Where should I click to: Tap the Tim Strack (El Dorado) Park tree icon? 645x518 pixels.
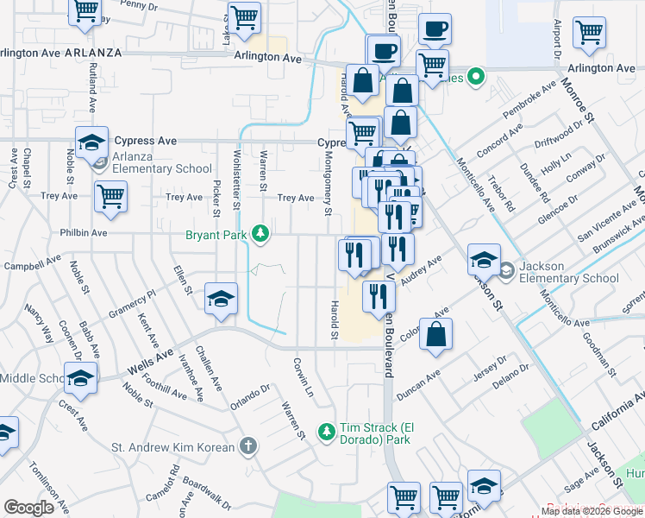[326, 431]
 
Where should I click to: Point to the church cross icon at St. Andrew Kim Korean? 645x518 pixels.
[248, 446]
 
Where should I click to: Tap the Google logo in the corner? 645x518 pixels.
[28, 508]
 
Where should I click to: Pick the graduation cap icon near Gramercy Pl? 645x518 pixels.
[222, 298]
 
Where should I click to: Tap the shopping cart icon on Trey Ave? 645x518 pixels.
[110, 196]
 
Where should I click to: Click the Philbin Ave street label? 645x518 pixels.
[84, 233]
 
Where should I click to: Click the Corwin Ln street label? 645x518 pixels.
[303, 378]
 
